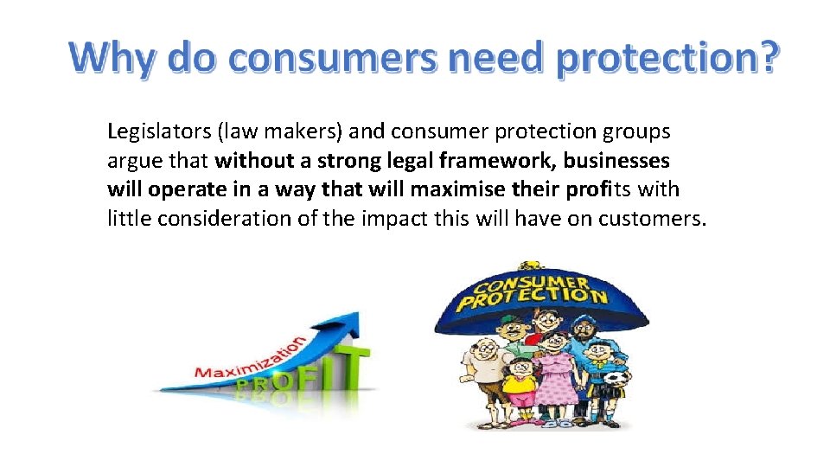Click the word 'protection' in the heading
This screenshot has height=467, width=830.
pyautogui.click(x=654, y=58)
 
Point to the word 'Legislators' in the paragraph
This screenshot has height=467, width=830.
pyautogui.click(x=158, y=131)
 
